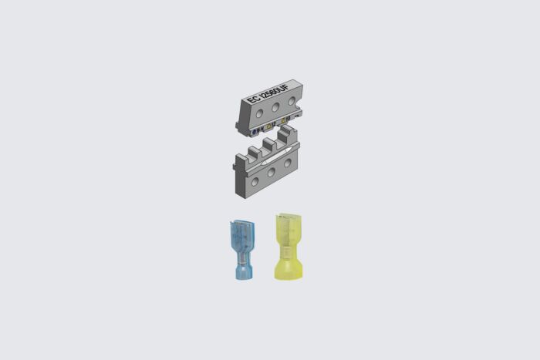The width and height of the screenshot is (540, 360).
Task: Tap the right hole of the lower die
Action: [288, 163]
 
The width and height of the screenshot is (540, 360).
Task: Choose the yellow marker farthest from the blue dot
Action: [284, 121]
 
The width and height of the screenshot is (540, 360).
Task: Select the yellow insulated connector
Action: [288, 246]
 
